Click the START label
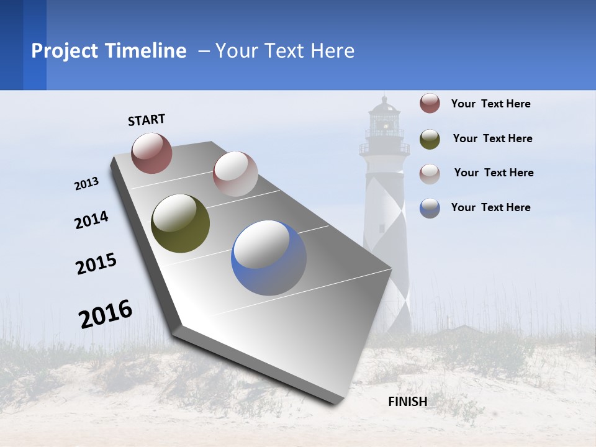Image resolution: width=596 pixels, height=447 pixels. click(147, 120)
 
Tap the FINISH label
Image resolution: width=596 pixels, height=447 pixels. click(408, 402)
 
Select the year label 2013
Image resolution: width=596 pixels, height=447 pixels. click(87, 184)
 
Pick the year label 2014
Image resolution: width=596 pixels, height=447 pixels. click(92, 220)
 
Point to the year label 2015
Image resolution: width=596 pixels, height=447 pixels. click(96, 264)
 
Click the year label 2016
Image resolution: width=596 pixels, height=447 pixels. click(106, 314)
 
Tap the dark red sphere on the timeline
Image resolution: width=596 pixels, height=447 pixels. click(151, 153)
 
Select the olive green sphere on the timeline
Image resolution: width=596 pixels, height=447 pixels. click(180, 223)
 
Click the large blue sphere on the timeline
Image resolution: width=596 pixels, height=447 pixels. click(269, 258)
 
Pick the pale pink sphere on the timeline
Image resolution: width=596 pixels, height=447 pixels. click(235, 174)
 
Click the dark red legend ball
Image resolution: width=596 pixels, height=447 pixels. click(430, 103)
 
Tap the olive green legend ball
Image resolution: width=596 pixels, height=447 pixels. click(430, 138)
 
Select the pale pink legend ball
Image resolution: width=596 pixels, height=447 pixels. click(430, 173)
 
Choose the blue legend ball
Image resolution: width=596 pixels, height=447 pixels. click(430, 208)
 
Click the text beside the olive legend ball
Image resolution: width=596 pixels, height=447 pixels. click(492, 138)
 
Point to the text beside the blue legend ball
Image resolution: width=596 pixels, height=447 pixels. click(490, 207)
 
